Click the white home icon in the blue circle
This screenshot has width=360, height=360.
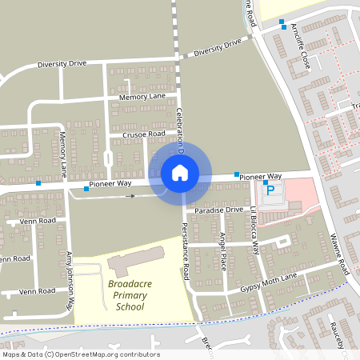pos(180,172)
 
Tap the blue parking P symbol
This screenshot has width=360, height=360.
pos(270,190)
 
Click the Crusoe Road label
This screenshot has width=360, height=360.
pos(144,134)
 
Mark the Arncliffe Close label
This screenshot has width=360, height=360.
pos(301,49)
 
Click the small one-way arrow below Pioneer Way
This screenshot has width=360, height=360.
pos(131,195)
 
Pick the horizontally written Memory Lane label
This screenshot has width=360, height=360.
pos(142,96)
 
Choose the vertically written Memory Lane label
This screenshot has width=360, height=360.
pos(62,154)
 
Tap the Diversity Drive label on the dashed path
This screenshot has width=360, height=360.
pos(216,45)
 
